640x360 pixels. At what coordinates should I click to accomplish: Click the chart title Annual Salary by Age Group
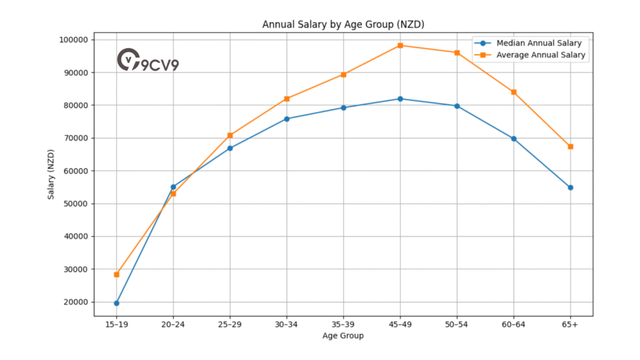click(343, 24)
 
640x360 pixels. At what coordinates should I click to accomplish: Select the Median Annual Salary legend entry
click(538, 43)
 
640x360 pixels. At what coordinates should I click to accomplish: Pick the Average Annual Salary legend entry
click(541, 55)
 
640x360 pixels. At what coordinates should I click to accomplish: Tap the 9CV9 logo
click(147, 60)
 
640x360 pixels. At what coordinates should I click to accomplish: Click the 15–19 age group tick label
click(116, 325)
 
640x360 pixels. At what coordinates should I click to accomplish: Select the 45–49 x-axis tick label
click(400, 325)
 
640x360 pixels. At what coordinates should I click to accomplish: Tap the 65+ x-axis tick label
click(570, 325)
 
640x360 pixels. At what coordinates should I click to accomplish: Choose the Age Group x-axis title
click(343, 336)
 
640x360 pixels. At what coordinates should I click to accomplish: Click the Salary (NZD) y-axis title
click(51, 174)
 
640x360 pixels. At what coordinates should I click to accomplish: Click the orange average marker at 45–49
click(400, 45)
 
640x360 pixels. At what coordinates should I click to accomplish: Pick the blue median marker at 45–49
click(400, 99)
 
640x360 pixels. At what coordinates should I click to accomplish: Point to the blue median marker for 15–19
click(116, 303)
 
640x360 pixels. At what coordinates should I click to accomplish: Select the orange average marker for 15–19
click(116, 274)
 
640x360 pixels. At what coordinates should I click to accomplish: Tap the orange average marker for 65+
click(570, 146)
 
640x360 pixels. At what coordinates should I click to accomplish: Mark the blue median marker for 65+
click(570, 187)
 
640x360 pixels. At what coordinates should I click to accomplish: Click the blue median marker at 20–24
click(173, 187)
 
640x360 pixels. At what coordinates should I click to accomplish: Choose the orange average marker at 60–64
click(514, 92)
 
